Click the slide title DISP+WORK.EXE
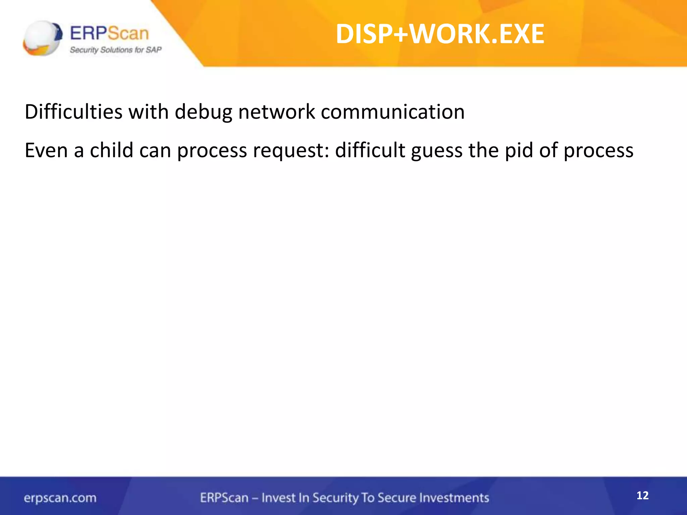(x=440, y=34)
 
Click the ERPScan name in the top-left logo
(x=109, y=34)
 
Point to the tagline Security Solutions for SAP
(x=115, y=50)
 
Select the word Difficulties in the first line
(x=73, y=112)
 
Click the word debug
(x=203, y=112)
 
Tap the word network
(x=276, y=112)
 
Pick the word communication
(x=392, y=112)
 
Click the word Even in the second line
(x=46, y=150)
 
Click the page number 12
(x=642, y=496)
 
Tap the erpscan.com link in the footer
(x=60, y=498)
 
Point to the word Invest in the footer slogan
(x=278, y=498)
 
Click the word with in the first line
(x=148, y=112)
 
